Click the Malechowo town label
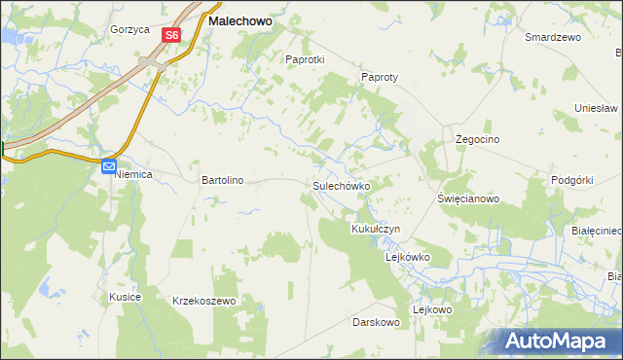point(239,18)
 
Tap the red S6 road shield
point(171,34)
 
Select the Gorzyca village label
point(129,29)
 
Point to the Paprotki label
point(304,58)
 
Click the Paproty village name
point(381,77)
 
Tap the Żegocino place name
point(478,139)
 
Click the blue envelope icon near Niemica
point(109,166)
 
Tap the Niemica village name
point(134,176)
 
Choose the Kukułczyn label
point(376,229)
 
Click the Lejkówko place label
point(408,257)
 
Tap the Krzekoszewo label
point(204,302)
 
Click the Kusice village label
point(126,296)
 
